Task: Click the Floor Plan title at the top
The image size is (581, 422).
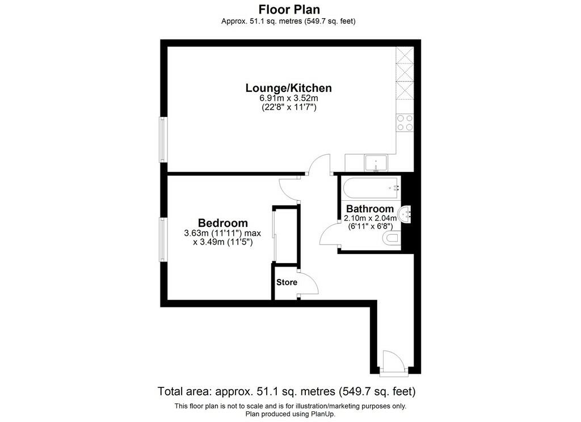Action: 289,10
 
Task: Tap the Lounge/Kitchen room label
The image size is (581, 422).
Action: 288,88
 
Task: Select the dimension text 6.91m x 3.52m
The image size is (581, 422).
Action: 288,98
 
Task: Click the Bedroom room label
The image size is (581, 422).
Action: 222,223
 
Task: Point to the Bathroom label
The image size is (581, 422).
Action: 369,209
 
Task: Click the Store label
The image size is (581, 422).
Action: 287,282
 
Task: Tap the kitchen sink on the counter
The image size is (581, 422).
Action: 376,163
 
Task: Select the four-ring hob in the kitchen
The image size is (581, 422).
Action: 405,123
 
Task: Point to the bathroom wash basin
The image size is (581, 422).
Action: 406,214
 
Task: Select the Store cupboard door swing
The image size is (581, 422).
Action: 307,283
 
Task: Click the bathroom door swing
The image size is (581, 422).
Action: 330,234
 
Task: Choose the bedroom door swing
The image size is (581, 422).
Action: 291,189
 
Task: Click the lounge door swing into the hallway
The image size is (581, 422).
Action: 319,165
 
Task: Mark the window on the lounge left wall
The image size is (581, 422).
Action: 163,140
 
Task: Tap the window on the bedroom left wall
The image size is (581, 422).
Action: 163,240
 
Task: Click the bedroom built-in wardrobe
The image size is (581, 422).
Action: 285,235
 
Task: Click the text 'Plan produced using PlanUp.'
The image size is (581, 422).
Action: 290,413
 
